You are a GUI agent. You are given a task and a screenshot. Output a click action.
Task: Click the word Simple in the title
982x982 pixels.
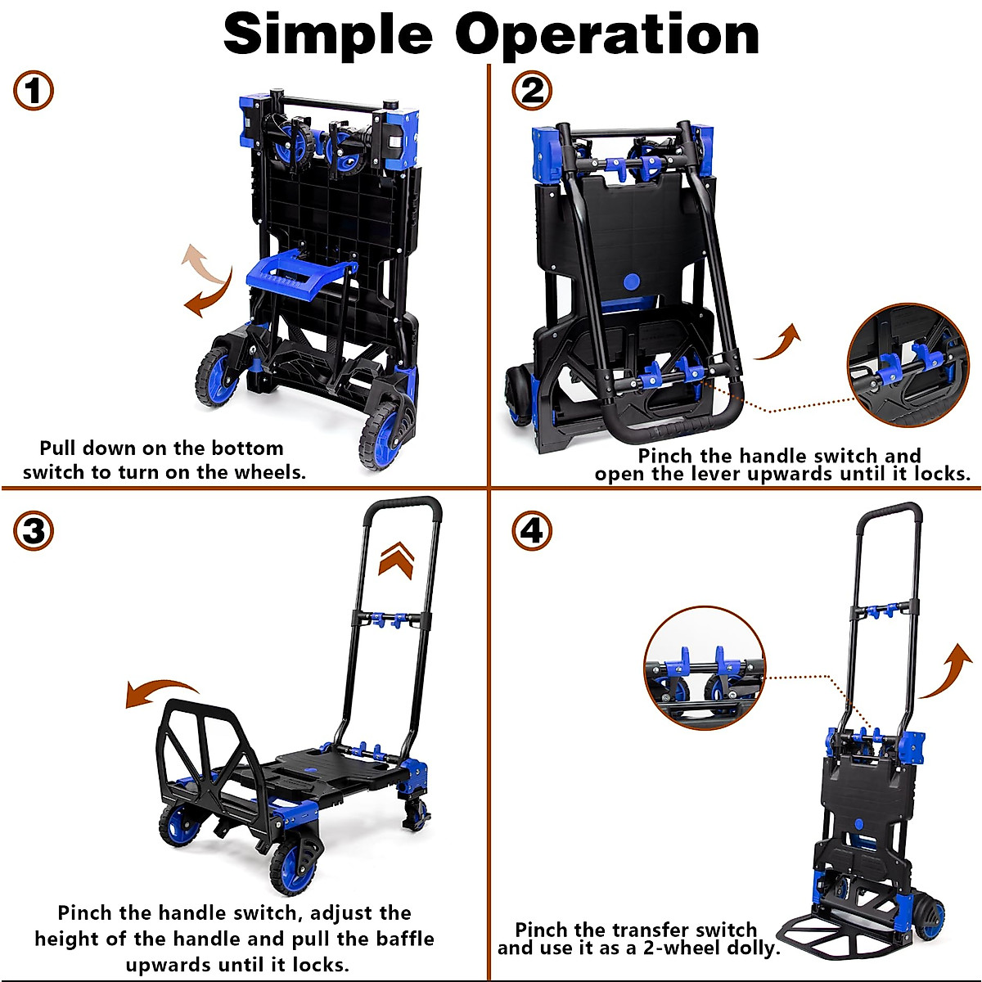coord(327,34)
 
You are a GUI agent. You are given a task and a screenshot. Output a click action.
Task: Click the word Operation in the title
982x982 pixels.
coord(607,36)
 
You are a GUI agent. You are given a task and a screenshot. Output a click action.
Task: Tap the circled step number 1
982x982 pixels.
coord(34,90)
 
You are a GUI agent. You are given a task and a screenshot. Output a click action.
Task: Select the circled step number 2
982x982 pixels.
coord(532,90)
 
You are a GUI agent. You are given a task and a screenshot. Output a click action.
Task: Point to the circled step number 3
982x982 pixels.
coord(34,531)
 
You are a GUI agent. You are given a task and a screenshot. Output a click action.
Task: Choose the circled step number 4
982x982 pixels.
coord(532,531)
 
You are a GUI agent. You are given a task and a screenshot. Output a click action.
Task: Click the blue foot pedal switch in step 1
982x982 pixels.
coord(298,271)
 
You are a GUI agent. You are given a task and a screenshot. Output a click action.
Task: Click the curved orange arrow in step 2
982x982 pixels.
coord(779,342)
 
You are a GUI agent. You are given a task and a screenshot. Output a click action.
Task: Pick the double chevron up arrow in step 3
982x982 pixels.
coord(397,561)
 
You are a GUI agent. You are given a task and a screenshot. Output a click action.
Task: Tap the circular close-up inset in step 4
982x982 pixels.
coord(705,667)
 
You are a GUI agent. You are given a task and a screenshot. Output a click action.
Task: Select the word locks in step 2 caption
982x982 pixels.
coord(940,474)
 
